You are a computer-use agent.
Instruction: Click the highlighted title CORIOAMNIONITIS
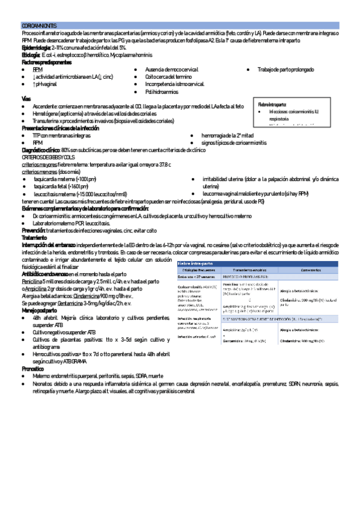39,26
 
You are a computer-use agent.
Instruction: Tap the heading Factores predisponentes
46,62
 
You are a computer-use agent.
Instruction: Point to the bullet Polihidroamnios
162,92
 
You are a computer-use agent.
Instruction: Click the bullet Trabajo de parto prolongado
285,70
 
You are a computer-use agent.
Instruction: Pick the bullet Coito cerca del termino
169,77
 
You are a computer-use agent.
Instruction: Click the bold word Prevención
32,230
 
